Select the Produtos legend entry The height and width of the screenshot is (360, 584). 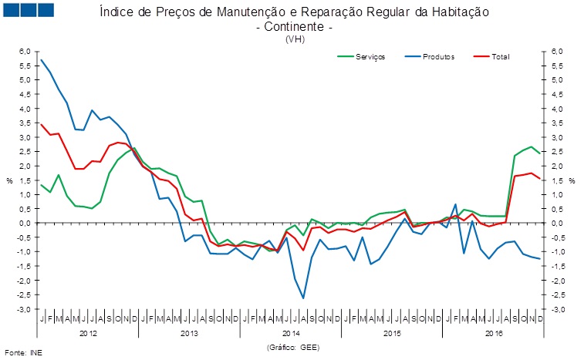tap(438, 57)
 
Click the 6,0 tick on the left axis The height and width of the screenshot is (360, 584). tap(25, 51)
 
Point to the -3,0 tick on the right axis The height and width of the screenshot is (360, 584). tap(559, 309)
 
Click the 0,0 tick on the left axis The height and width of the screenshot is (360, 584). tap(25, 223)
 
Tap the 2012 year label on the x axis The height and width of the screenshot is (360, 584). tap(88, 334)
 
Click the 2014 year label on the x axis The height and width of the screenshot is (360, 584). tap(291, 334)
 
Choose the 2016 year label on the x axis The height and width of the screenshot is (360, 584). tap(494, 334)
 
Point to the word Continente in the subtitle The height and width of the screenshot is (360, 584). tap(293, 26)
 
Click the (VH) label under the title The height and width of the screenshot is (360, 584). tap(293, 38)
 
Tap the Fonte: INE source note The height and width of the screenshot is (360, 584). tap(20, 353)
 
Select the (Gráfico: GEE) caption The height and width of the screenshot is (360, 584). tap(292, 348)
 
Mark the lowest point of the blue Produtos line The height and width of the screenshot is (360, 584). tap(303, 298)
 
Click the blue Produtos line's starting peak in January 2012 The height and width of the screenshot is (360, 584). tap(42, 59)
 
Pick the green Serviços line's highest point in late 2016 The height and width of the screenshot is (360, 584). tap(531, 146)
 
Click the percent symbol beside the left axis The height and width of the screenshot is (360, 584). tap(10, 180)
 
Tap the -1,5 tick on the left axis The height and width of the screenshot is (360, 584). tap(25, 266)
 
